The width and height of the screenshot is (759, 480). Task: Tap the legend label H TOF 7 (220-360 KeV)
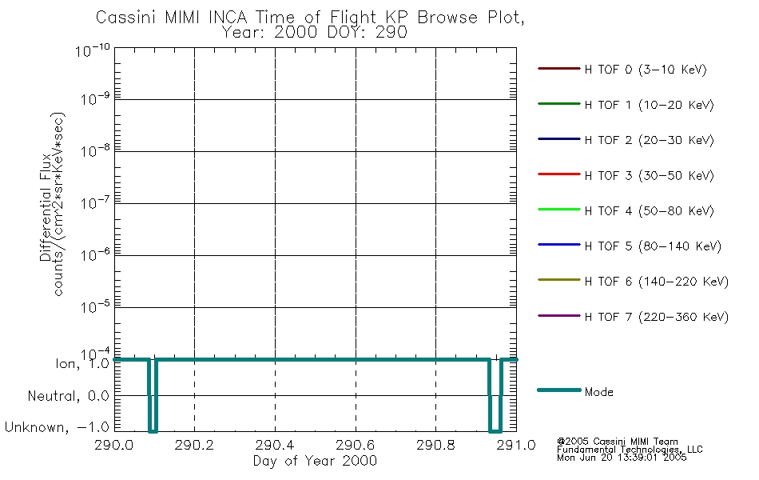coord(657,317)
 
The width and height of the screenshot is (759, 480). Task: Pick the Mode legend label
coord(598,392)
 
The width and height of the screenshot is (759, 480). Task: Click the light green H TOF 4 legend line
coord(559,210)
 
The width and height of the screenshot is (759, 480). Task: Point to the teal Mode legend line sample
coord(559,390)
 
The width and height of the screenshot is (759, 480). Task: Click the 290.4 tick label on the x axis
coord(276,445)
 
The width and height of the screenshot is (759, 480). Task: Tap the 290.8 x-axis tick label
coord(435,445)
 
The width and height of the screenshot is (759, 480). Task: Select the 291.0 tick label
coord(516,445)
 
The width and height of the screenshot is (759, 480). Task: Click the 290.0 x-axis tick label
coord(114,445)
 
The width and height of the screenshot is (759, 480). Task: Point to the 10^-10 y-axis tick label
coord(93,50)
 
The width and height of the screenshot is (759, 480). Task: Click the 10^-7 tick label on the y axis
coord(95,202)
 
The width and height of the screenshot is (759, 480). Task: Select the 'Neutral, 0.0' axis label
coord(68,396)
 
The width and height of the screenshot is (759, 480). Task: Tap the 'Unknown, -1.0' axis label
coord(57,427)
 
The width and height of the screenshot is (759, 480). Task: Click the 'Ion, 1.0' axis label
coord(82,363)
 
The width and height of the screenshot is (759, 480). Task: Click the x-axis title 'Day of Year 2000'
coord(315,461)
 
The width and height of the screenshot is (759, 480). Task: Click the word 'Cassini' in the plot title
coord(125,18)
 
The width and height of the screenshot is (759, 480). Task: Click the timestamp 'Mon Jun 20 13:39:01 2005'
coord(622,458)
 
